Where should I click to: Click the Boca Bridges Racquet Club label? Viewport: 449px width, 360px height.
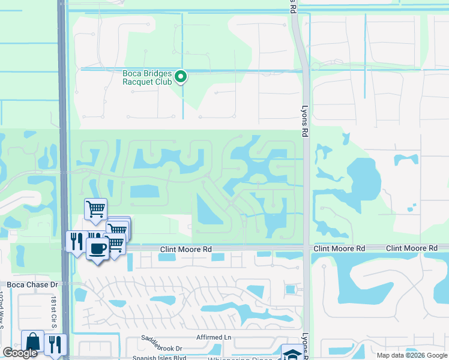pos(147,77)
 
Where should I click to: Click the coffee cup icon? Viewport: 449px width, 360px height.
pos(97,248)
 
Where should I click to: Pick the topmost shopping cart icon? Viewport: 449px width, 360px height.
pos(95,209)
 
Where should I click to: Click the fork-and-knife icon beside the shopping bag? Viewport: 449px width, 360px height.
pos(54,344)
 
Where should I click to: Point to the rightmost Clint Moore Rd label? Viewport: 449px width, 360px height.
pos(411,248)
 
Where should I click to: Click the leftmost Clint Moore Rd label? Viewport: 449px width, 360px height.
pos(186,248)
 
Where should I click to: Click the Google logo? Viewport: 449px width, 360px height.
pos(20,353)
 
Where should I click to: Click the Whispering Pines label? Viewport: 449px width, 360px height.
pos(240,359)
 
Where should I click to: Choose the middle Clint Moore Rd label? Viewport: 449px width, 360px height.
pos(339,248)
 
